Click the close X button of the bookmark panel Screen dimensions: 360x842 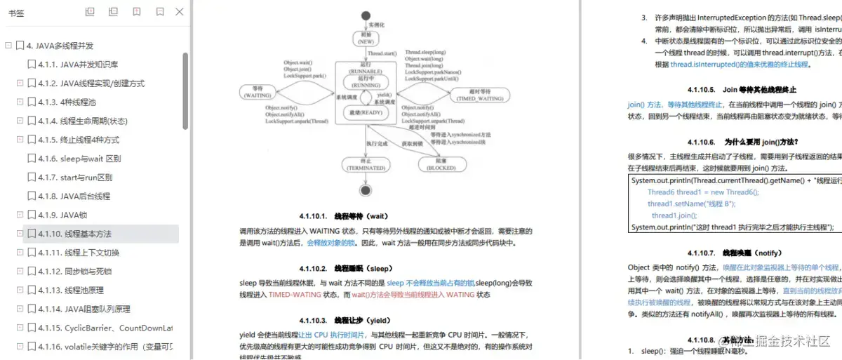point(180,12)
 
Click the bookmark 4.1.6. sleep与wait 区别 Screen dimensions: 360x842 point(79,159)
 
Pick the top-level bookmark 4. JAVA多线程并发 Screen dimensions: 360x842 point(60,46)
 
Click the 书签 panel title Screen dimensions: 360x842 point(16,12)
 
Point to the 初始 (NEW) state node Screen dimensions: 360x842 point(366,37)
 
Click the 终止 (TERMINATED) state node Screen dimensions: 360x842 point(365,164)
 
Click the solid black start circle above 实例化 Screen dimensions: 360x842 point(366,15)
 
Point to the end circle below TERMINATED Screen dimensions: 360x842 point(365,189)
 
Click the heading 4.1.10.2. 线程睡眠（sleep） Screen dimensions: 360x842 point(342,268)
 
